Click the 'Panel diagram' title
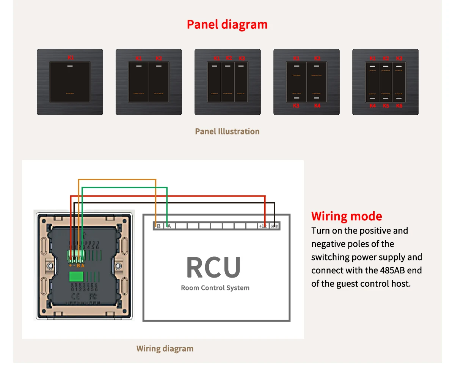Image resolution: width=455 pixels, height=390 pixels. (x=227, y=25)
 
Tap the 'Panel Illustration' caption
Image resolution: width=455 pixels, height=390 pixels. (x=227, y=131)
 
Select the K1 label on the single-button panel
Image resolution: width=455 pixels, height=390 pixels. (x=71, y=58)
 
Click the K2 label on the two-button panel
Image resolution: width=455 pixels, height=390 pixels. (x=158, y=58)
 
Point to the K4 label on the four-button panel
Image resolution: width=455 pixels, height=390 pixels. (x=317, y=106)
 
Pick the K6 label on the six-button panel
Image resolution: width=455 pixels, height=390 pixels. (x=399, y=106)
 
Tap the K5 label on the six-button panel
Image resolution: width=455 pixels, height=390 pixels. (x=386, y=106)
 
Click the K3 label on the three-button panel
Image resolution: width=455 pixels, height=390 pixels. (x=242, y=58)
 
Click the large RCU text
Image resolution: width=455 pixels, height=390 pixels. (x=213, y=268)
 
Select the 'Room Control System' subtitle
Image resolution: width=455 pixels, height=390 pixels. (x=215, y=288)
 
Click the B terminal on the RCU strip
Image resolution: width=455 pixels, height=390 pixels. (x=158, y=226)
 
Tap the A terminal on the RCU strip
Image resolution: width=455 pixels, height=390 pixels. (x=169, y=226)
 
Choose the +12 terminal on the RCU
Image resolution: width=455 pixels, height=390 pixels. (x=262, y=226)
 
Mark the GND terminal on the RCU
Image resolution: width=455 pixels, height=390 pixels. (x=274, y=226)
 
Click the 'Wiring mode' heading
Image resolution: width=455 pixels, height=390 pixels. (x=347, y=216)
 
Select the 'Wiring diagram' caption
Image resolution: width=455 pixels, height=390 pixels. (x=165, y=349)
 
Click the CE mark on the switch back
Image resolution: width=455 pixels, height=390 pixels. (x=76, y=296)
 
